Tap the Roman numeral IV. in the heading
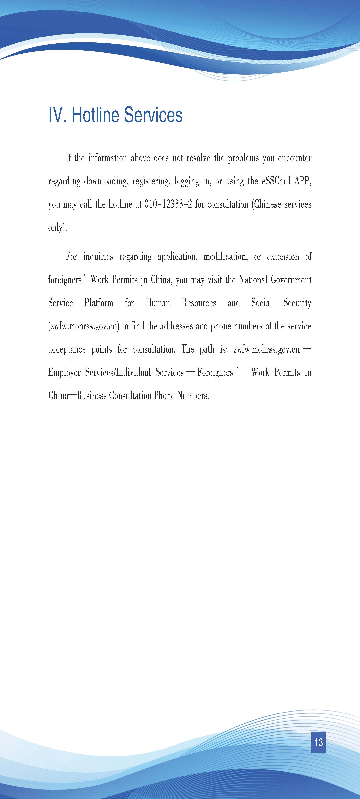click(x=57, y=115)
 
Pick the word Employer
click(x=64, y=372)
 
